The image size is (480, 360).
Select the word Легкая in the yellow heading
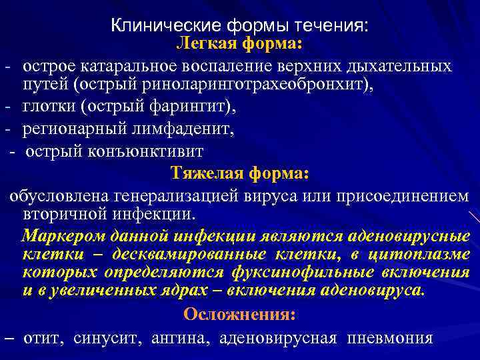[203, 44]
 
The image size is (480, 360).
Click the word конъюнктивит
[148, 151]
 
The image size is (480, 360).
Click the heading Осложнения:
[240, 314]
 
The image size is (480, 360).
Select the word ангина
[178, 337]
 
